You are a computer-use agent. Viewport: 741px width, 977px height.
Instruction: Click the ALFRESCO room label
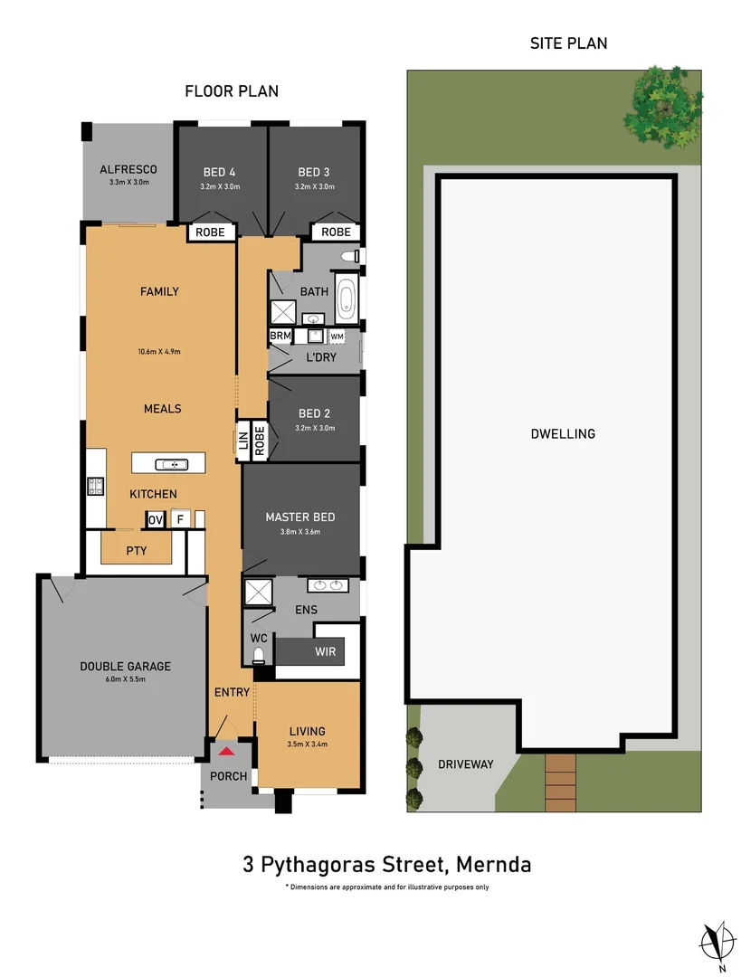point(128,169)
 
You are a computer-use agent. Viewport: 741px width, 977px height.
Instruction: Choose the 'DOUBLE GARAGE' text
point(125,667)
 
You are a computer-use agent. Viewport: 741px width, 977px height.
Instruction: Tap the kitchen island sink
point(170,464)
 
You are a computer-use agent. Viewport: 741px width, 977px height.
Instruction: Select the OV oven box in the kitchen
point(155,519)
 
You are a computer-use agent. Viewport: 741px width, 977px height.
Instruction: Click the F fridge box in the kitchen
point(180,519)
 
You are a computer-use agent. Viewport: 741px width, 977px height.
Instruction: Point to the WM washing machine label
point(337,337)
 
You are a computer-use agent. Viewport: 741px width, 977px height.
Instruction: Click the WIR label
point(326,651)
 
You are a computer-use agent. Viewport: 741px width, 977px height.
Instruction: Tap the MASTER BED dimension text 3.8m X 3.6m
point(299,532)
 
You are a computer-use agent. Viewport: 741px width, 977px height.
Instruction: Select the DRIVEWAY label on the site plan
point(465,764)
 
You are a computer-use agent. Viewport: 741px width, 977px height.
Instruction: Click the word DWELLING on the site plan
point(563,433)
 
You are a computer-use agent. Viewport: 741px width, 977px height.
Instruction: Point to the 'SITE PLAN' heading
point(567,43)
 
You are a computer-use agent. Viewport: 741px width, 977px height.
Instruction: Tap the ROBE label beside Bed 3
point(336,232)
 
